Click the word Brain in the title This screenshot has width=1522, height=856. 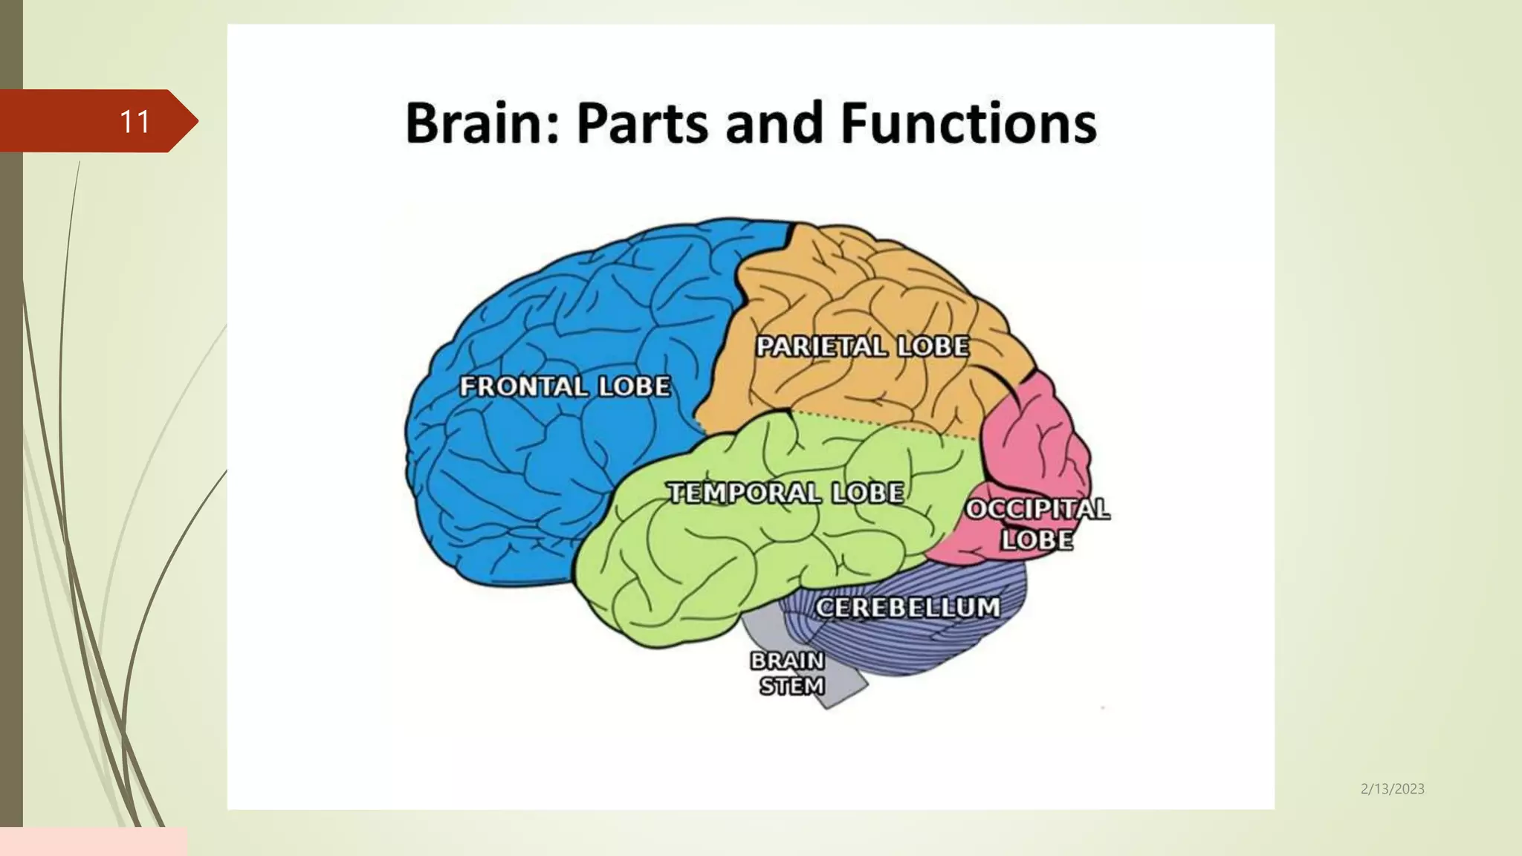tap(473, 123)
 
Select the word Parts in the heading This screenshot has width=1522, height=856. tap(643, 123)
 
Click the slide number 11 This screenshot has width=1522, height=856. tap(135, 122)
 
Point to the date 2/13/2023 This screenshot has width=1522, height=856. tap(1392, 789)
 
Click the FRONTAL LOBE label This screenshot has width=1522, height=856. tap(565, 386)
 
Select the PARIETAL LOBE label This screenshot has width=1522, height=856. tap(862, 346)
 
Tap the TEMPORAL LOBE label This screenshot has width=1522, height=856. tap(786, 493)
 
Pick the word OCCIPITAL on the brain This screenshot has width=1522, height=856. tap(1037, 509)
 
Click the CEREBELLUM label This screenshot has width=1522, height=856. tap(907, 607)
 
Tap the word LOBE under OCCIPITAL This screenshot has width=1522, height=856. tap(1037, 540)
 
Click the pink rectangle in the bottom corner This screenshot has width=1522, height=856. tap(93, 841)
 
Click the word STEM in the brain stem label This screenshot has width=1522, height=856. tap(792, 686)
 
